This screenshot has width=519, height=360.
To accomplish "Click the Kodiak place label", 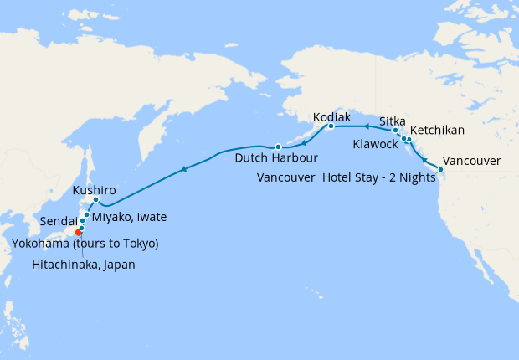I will (x=331, y=117).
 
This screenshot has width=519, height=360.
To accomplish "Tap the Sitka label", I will (x=393, y=120).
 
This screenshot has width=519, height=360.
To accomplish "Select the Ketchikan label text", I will (x=437, y=131).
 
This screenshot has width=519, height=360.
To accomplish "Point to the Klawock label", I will (x=377, y=144).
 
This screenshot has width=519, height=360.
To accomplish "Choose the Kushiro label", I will (x=94, y=190).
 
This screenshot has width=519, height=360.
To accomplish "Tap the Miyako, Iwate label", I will (x=129, y=217).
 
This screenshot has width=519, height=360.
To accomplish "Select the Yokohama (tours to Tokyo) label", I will (x=85, y=244).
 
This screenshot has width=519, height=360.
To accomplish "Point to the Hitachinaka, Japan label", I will (x=84, y=264).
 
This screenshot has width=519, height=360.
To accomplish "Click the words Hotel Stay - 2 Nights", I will (x=379, y=177).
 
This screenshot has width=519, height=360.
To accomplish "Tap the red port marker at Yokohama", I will (x=79, y=232).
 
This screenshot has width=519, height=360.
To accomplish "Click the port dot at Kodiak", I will (x=331, y=126).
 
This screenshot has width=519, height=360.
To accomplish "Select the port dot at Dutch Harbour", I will (x=277, y=147).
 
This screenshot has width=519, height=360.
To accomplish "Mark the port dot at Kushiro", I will (x=95, y=199).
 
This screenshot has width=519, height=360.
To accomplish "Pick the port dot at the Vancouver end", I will (x=441, y=170).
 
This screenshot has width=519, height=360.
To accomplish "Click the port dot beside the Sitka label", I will (x=395, y=131).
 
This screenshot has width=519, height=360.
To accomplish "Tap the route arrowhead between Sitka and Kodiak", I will (x=366, y=126).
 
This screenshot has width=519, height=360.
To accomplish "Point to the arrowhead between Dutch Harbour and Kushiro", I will (x=183, y=170).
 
